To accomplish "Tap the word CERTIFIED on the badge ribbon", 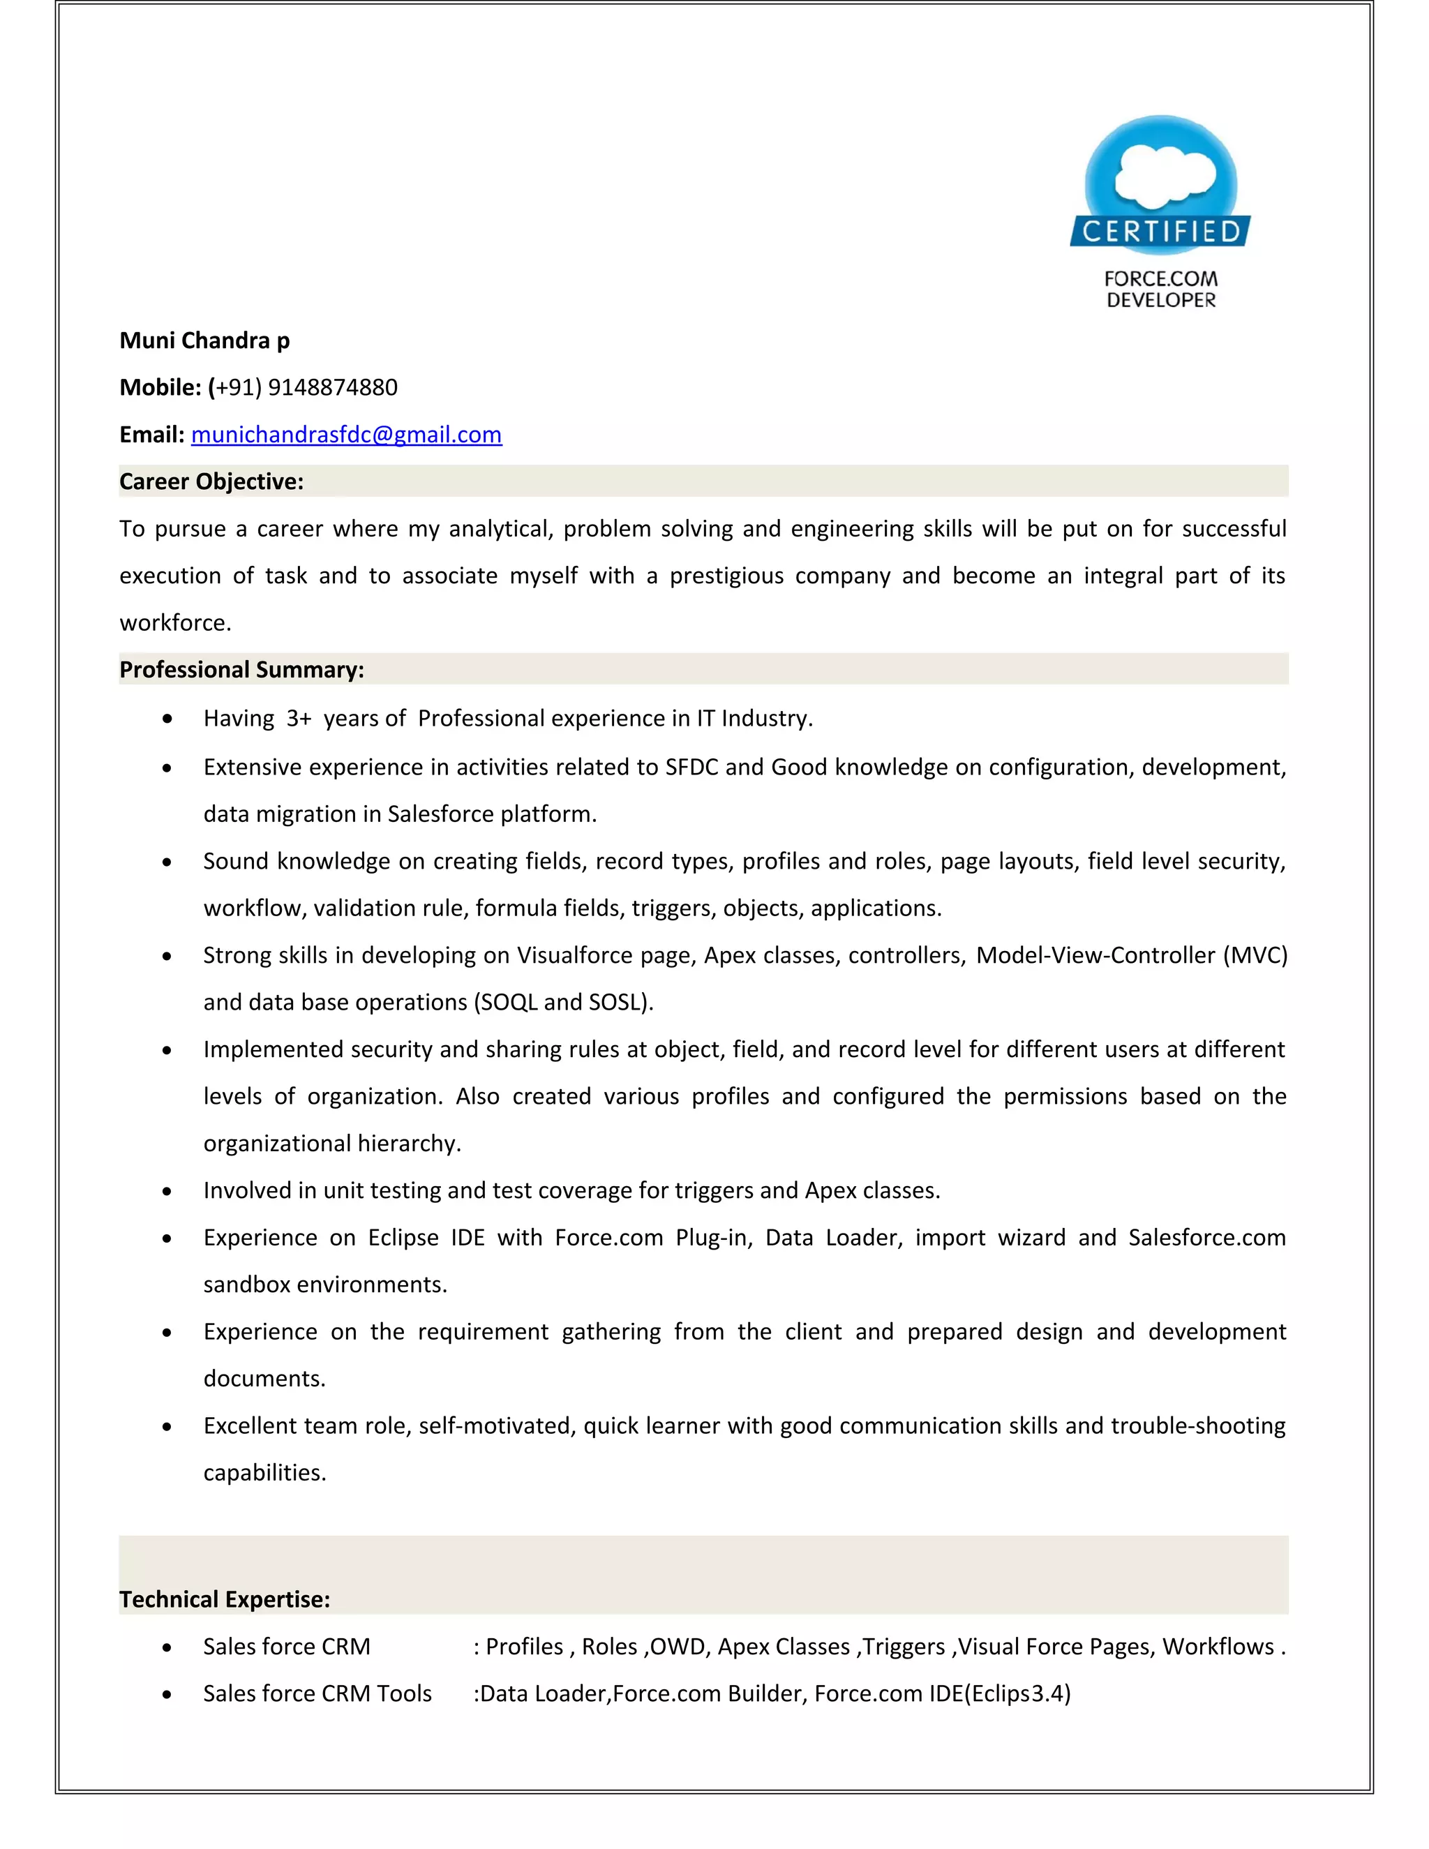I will (1160, 231).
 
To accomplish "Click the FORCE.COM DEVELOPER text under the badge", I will (1160, 290).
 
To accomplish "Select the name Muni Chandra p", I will (204, 340).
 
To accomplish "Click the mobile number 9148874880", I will (333, 388).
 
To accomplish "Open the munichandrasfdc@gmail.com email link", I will (346, 434).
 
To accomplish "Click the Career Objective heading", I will (211, 481).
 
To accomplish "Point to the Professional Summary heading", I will (241, 670).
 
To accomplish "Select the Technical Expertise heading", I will (225, 1599).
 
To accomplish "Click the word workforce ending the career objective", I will (174, 623).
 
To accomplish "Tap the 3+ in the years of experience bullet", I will (299, 719).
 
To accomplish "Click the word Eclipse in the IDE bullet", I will (403, 1238).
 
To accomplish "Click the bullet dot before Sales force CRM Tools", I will (167, 1695).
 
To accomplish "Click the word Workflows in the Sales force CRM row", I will (1218, 1647).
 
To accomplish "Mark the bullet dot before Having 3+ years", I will (167, 719).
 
